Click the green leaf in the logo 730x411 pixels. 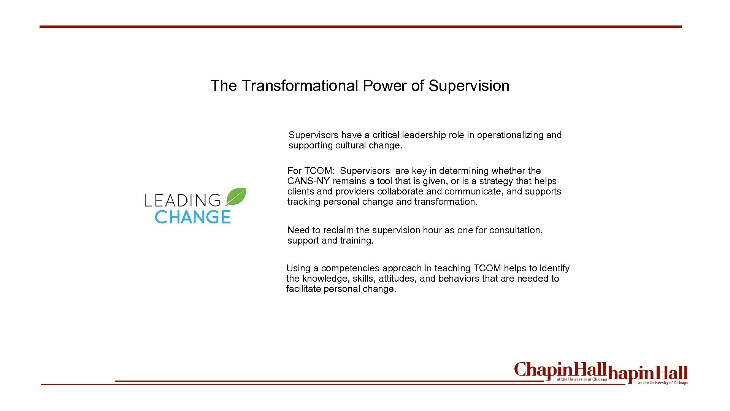click(x=236, y=196)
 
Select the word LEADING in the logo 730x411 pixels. click(x=182, y=201)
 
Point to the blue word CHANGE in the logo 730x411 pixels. click(x=193, y=217)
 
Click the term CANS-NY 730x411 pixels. click(x=308, y=181)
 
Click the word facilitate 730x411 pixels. click(x=302, y=289)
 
